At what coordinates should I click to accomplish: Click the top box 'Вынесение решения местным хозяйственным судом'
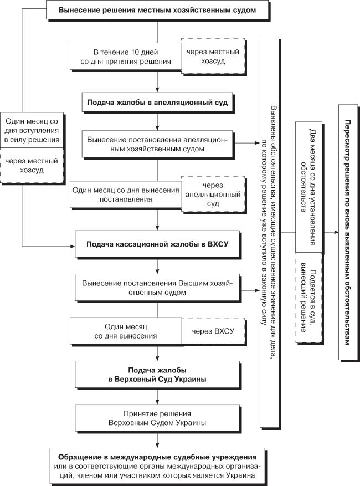click(157, 10)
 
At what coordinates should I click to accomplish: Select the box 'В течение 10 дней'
click(126, 57)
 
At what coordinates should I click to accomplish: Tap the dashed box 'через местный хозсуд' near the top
click(213, 56)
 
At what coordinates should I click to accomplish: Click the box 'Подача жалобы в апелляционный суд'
click(157, 103)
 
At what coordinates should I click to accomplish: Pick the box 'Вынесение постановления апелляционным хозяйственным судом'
click(157, 144)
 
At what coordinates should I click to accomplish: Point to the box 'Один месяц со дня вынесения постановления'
click(126, 195)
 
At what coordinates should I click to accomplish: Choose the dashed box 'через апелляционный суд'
click(213, 195)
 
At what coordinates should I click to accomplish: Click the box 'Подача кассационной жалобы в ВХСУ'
click(157, 244)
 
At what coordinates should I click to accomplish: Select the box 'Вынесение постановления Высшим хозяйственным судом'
click(157, 288)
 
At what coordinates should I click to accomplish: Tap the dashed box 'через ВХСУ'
click(213, 331)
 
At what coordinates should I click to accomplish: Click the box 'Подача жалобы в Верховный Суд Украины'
click(157, 375)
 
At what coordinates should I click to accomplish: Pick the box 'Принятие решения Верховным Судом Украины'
click(157, 418)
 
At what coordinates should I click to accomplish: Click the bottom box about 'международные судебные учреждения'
click(157, 466)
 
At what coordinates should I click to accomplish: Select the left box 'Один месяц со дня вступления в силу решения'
click(32, 130)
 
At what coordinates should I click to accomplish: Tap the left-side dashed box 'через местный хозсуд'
click(32, 166)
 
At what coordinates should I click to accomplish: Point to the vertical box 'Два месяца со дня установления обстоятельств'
click(308, 187)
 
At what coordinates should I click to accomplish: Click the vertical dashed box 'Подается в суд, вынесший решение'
click(308, 298)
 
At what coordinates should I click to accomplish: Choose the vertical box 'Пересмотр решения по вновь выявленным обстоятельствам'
click(348, 232)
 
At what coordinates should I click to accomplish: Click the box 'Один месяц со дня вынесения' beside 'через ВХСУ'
click(126, 331)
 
